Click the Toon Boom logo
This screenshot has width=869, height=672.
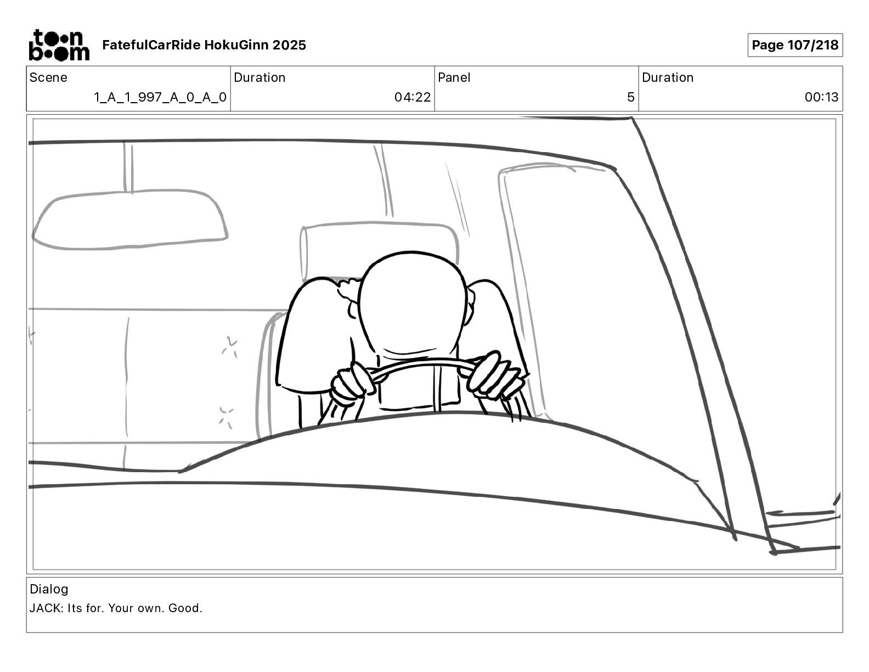pos(59,45)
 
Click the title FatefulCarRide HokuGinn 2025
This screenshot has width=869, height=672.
pos(204,45)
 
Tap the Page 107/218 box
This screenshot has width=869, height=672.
pos(795,45)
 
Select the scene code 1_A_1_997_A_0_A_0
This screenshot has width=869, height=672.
pos(160,97)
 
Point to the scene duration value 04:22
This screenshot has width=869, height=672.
pos(413,97)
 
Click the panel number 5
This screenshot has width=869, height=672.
pos(631,97)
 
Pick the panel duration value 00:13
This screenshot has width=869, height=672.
pos(821,97)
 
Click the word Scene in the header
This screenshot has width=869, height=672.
pos(48,77)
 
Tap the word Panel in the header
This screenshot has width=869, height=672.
pos(454,77)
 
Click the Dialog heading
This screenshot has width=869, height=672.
pos(49,589)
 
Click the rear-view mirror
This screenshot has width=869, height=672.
pos(129,219)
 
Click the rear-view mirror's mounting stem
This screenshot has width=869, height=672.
pos(128,167)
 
